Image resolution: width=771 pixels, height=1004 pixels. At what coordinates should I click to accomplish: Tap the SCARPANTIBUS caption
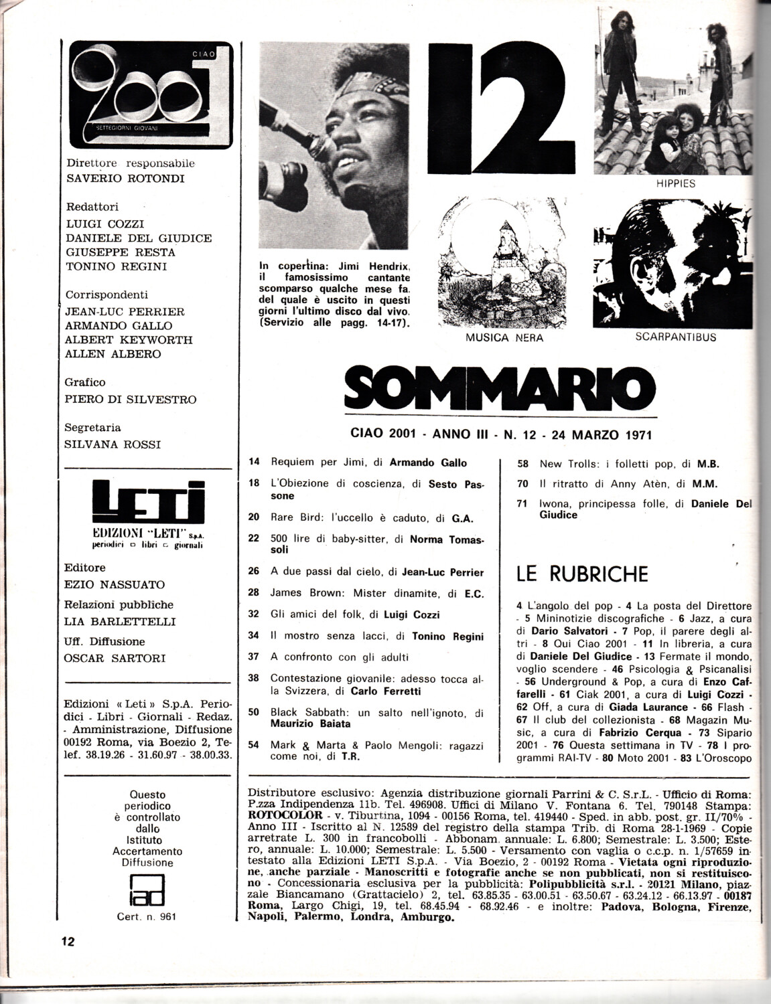point(675,337)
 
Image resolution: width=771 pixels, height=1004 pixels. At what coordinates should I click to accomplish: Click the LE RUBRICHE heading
point(582,574)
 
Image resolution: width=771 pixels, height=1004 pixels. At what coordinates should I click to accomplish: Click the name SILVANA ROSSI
point(113,444)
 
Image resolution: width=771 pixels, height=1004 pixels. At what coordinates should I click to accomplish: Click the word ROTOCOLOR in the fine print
point(276,818)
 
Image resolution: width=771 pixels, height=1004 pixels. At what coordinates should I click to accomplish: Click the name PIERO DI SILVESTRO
point(131,399)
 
